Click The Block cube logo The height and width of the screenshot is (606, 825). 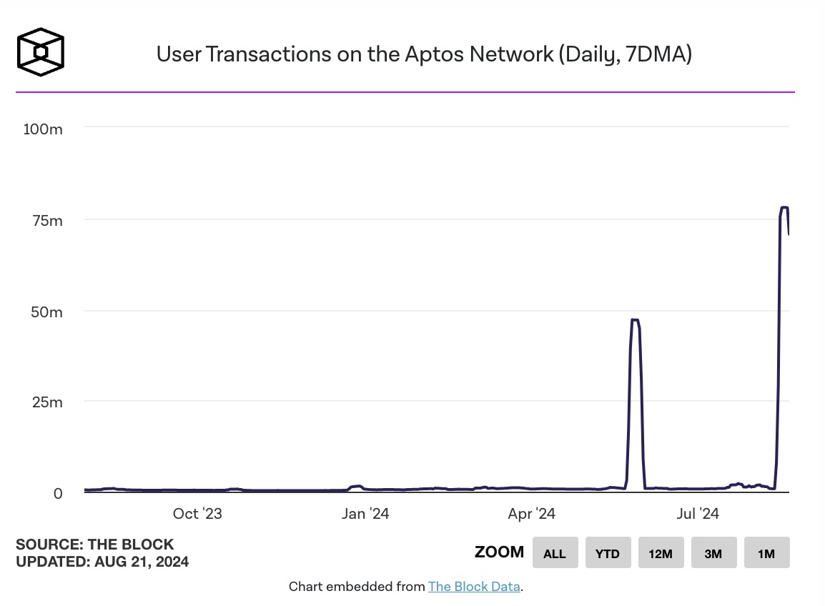pos(41,51)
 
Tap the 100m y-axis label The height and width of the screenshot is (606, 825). pos(43,129)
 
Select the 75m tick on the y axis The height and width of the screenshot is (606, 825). pos(47,220)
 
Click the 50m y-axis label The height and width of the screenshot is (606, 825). pos(46,312)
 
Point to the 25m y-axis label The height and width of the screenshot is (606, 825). pos(47,402)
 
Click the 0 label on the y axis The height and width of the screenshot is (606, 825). pos(58,493)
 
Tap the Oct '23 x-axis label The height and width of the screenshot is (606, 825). pos(197,513)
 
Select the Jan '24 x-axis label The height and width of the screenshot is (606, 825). pos(365,513)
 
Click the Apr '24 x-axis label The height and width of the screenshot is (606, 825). pos(531,513)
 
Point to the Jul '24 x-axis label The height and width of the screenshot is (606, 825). pos(698,513)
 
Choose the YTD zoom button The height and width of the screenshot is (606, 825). pos(608,552)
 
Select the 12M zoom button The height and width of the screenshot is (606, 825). pos(661,552)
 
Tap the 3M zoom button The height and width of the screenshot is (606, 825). pos(713,552)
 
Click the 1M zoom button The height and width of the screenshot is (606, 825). pos(766,552)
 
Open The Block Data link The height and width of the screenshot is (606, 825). pos(474,587)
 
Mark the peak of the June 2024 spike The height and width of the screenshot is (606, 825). pos(635,320)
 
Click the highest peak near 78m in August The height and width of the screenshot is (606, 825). pos(784,208)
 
